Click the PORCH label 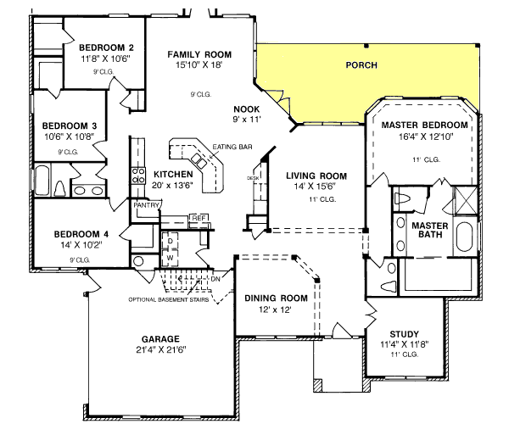362,64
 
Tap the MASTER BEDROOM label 420,125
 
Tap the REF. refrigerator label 199,218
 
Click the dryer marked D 170,241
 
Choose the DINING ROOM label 275,298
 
